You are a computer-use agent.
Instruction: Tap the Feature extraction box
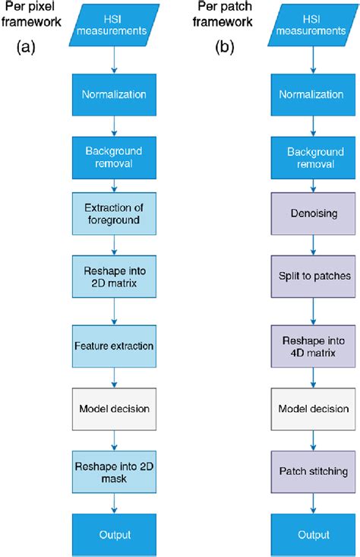tap(114, 345)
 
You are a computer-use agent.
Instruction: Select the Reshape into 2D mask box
tap(114, 471)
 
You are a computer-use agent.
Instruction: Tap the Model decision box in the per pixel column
tap(114, 408)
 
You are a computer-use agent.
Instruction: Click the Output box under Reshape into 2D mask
tap(114, 534)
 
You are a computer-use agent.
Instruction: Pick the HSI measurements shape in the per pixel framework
tap(114, 24)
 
